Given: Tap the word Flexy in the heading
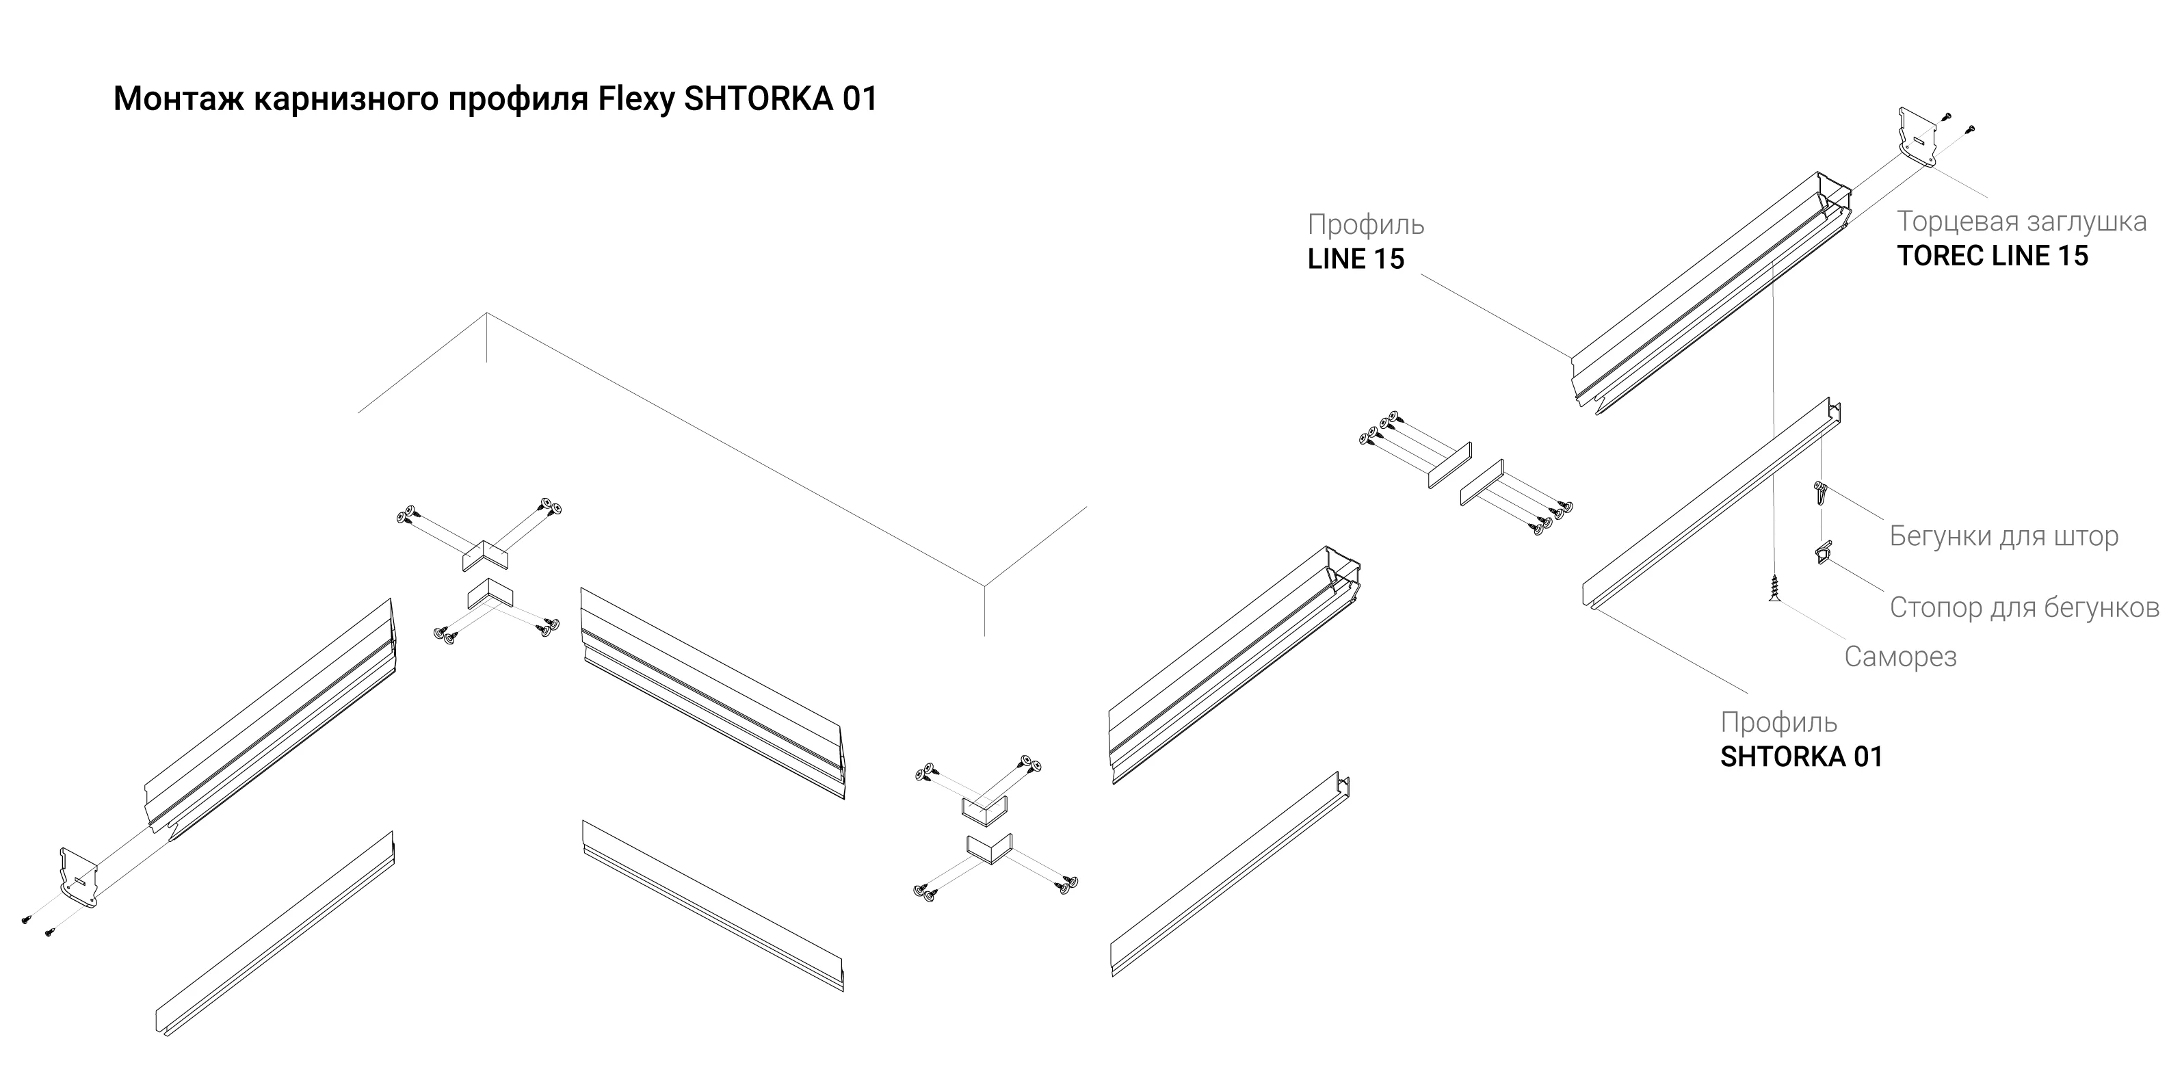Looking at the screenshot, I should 637,100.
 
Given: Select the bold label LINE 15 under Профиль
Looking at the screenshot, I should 1355,259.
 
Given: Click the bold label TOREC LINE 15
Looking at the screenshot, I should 1993,256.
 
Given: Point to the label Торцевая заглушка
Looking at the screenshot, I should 2021,222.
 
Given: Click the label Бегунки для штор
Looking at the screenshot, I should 2003,536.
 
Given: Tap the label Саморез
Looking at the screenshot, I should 1900,657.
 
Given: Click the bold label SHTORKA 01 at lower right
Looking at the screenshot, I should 1801,757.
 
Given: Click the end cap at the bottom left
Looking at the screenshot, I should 77,877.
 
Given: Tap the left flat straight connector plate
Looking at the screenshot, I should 1449,465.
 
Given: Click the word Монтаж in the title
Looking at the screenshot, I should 179,99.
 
